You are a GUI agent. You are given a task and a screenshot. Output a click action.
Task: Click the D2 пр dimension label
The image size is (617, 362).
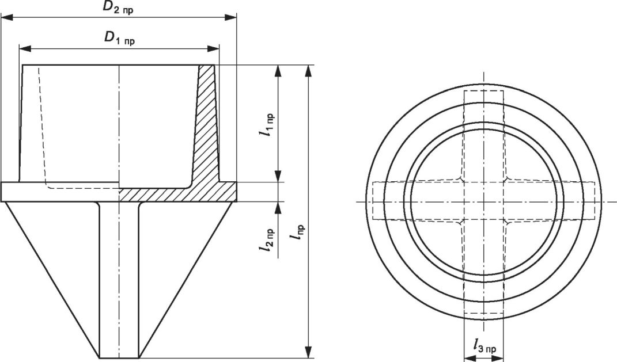point(118,9)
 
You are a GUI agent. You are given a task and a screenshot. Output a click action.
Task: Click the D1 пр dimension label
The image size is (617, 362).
point(119,38)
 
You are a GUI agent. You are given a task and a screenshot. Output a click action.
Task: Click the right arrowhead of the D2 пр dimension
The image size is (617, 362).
point(230,17)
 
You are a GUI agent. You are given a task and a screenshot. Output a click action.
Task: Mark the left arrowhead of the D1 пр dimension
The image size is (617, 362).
point(25,48)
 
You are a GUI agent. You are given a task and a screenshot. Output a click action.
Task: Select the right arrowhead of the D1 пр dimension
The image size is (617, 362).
point(213,48)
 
